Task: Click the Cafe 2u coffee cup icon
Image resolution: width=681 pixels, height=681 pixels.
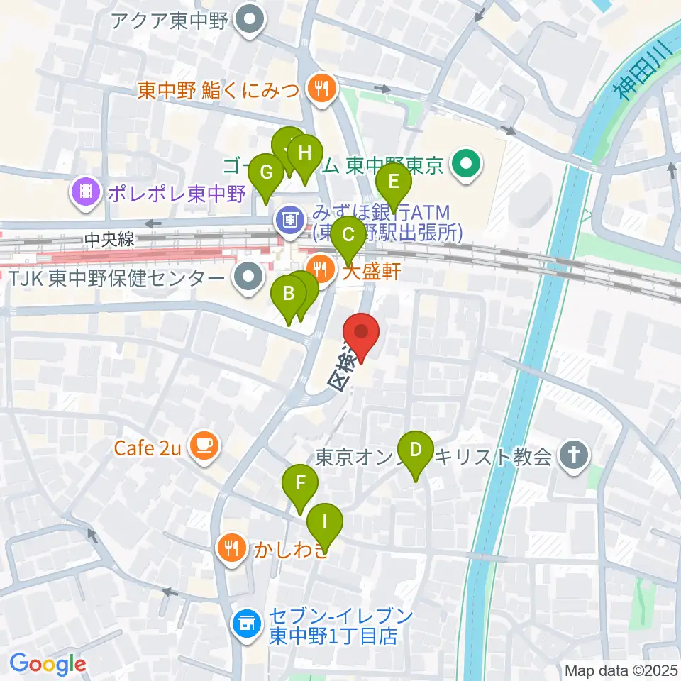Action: click(x=204, y=446)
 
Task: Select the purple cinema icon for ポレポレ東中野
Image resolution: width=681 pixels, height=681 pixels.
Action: click(x=85, y=192)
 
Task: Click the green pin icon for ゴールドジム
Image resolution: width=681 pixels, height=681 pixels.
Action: click(x=467, y=165)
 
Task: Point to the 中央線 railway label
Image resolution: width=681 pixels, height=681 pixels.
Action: click(x=109, y=240)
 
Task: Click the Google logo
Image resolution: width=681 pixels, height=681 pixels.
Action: click(x=48, y=665)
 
